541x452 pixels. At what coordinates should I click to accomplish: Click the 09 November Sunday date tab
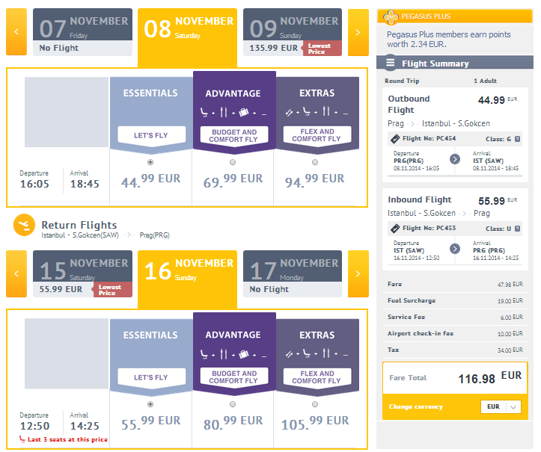coord(293,32)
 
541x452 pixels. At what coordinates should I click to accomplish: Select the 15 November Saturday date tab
coord(82,274)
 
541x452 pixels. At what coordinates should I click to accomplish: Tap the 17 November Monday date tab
coord(293,274)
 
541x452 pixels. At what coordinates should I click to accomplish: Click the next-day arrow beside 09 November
coord(358,32)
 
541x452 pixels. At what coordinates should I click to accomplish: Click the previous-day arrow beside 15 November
coord(16,274)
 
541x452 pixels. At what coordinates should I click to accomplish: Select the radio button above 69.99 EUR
coord(233,162)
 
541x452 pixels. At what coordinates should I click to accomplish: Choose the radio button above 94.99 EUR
coord(315,162)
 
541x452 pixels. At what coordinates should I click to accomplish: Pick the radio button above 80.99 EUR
coord(233,404)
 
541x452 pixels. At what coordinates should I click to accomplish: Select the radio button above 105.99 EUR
coord(315,404)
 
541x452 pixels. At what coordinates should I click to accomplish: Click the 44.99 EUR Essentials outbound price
coord(150,181)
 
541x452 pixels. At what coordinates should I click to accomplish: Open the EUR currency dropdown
coord(501,407)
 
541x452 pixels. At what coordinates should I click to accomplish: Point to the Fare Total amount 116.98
coord(477,379)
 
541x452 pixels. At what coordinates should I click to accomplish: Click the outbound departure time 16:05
coord(34,184)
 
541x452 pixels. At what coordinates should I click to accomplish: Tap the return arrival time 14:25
coord(85,426)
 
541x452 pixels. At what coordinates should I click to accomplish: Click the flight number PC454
coord(446,138)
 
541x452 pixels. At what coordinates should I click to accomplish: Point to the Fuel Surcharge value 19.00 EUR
coord(510,301)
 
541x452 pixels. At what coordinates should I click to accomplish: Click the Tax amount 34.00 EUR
coord(510,350)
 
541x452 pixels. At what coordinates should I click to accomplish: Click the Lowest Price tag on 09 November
coord(322,49)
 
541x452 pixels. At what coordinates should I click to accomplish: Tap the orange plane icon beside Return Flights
coord(24,225)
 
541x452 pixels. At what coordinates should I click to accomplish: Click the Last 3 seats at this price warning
coord(64,439)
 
